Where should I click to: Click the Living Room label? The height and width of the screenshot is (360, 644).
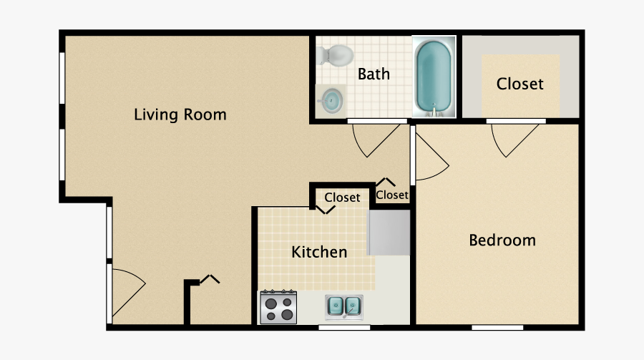coord(180,115)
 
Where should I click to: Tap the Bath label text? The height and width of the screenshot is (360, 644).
coord(374,74)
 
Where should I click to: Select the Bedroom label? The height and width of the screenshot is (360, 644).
coord(502,240)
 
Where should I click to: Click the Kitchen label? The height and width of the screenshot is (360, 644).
coord(319,252)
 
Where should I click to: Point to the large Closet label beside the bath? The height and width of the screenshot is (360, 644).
coord(520,84)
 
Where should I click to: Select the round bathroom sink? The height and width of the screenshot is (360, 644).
coord(331,101)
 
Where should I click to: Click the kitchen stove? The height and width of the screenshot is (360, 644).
coord(278,307)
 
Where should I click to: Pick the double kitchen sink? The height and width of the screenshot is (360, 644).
coord(343,306)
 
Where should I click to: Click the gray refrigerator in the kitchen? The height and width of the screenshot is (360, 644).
coord(389,233)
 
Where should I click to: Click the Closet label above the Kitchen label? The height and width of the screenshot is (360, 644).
coord(342,198)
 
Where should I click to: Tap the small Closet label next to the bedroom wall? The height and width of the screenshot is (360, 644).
coord(392,195)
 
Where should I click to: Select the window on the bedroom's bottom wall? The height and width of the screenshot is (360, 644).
coord(497,328)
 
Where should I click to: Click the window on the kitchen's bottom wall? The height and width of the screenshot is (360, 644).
coord(344,328)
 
